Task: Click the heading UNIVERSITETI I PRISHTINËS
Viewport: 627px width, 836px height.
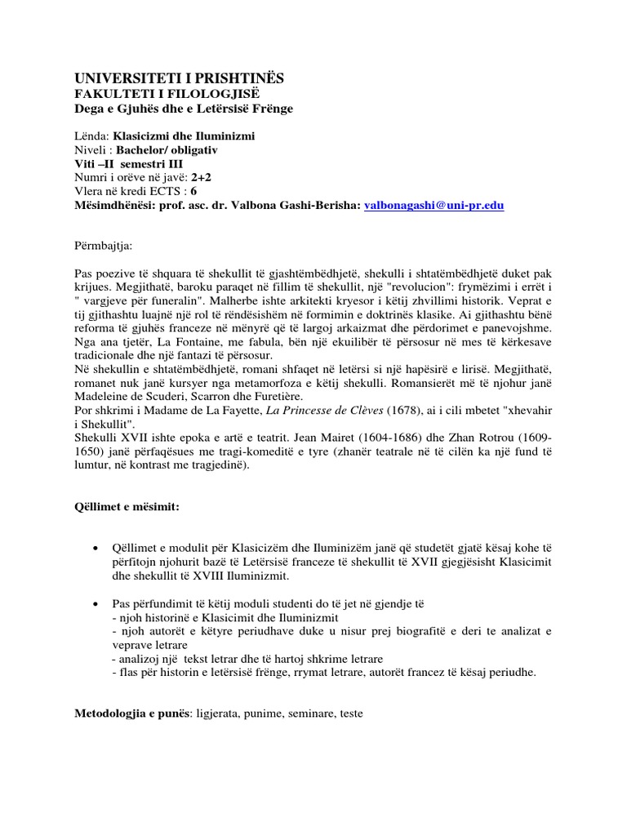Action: pyautogui.click(x=179, y=78)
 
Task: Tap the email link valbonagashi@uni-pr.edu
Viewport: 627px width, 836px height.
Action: pyautogui.click(x=434, y=207)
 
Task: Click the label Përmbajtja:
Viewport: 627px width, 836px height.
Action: pyautogui.click(x=103, y=245)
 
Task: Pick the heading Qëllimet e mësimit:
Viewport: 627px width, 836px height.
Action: pyautogui.click(x=127, y=507)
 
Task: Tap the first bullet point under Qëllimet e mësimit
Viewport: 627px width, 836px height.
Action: pyautogui.click(x=98, y=546)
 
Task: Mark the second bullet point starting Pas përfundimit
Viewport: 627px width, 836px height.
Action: pyautogui.click(x=98, y=603)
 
